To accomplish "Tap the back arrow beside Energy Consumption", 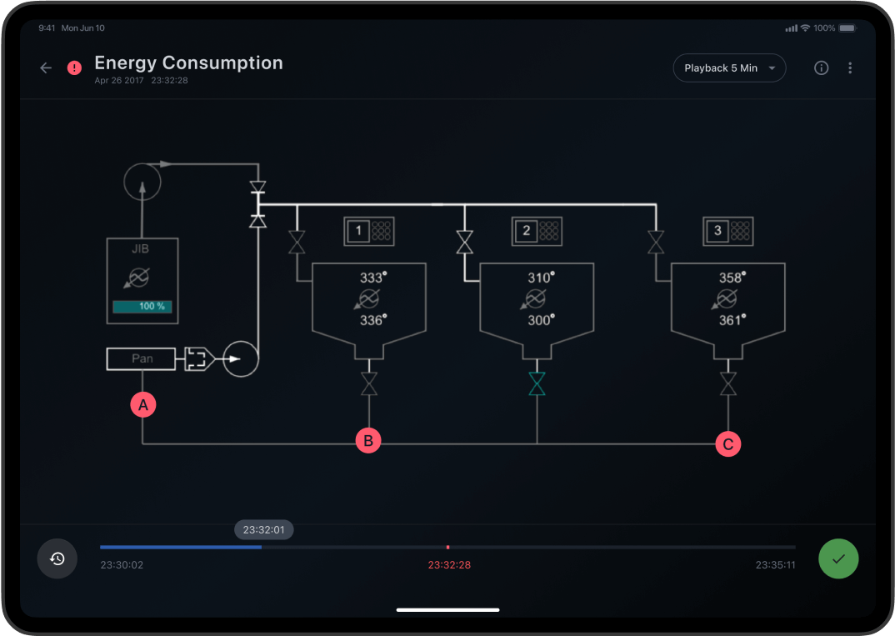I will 46,68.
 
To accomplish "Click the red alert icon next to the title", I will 75,68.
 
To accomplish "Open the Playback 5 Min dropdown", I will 729,68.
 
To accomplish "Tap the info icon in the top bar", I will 821,68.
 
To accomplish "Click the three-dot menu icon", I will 850,68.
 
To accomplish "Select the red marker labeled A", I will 143,406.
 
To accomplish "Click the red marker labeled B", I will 368,441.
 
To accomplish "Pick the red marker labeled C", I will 728,444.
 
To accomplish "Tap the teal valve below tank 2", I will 537,383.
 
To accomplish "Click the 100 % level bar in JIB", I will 142,307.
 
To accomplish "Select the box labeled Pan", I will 141,359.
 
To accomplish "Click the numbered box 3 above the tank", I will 718,231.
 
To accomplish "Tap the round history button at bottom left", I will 57,558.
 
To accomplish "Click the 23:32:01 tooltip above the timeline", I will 264,529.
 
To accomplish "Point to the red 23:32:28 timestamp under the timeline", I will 449,565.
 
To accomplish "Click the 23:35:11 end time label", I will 775,565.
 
